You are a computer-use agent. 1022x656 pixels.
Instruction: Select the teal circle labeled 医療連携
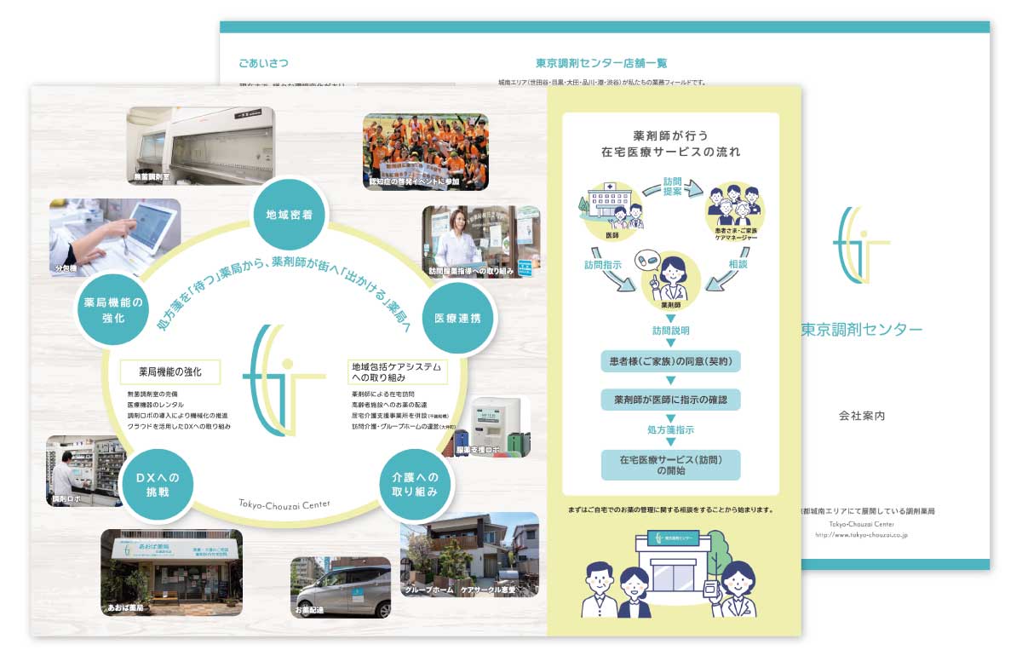point(457,318)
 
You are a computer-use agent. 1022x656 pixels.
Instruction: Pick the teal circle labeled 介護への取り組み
point(415,484)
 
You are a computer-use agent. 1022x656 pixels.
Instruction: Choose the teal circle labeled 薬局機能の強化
point(113,309)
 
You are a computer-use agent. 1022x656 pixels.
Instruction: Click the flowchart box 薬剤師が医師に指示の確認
point(670,399)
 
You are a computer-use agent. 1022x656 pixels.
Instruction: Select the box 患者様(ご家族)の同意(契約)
point(670,360)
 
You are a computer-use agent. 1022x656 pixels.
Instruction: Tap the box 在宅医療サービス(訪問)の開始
point(670,464)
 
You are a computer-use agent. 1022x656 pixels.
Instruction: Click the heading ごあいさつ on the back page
point(263,63)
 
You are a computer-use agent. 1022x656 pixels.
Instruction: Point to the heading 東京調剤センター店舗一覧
point(601,63)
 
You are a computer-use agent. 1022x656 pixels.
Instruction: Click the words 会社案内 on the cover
point(862,416)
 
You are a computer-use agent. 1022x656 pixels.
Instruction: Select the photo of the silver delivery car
point(341,587)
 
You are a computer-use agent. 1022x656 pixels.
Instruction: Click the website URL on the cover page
point(862,535)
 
